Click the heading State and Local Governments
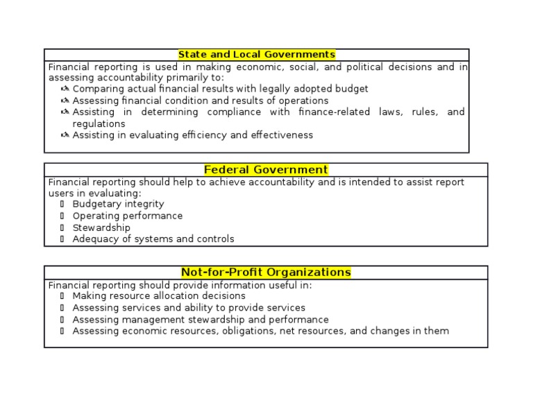(256, 55)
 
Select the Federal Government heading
(266, 170)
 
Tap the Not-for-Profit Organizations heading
(266, 273)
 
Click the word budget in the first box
(351, 89)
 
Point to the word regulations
(99, 123)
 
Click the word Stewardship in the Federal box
(101, 228)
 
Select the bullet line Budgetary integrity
(118, 204)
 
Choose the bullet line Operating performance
(128, 216)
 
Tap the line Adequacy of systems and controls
(153, 239)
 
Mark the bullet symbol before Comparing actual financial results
(65, 89)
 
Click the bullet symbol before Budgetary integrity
(62, 204)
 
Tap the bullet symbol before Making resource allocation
(62, 295)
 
